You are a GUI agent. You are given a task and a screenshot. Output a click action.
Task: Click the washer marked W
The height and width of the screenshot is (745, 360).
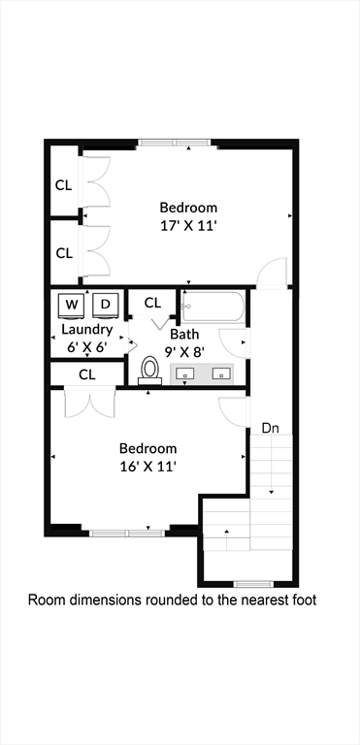(72, 305)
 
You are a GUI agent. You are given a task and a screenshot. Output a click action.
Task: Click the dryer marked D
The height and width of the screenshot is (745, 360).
(105, 305)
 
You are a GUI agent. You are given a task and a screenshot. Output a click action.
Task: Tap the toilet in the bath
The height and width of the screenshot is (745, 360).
(149, 370)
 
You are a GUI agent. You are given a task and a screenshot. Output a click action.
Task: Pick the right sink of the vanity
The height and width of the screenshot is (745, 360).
(221, 372)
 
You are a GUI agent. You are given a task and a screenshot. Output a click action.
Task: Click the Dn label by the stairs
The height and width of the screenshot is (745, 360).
(270, 428)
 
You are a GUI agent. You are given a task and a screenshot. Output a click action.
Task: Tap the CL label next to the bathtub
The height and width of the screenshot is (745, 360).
(152, 303)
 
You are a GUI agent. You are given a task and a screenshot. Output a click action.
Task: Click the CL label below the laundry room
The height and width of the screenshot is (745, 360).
(86, 373)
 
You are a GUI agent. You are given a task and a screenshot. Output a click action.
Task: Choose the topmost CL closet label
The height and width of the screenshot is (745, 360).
(64, 184)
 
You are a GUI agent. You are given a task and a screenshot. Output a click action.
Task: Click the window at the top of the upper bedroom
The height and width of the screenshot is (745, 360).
(177, 143)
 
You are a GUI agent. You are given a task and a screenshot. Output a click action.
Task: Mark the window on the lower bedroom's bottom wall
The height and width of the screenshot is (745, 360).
(124, 533)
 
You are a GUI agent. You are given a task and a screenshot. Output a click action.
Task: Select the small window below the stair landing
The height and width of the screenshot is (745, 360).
(251, 584)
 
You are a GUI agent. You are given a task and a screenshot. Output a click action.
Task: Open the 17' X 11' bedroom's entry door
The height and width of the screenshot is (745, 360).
(273, 274)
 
